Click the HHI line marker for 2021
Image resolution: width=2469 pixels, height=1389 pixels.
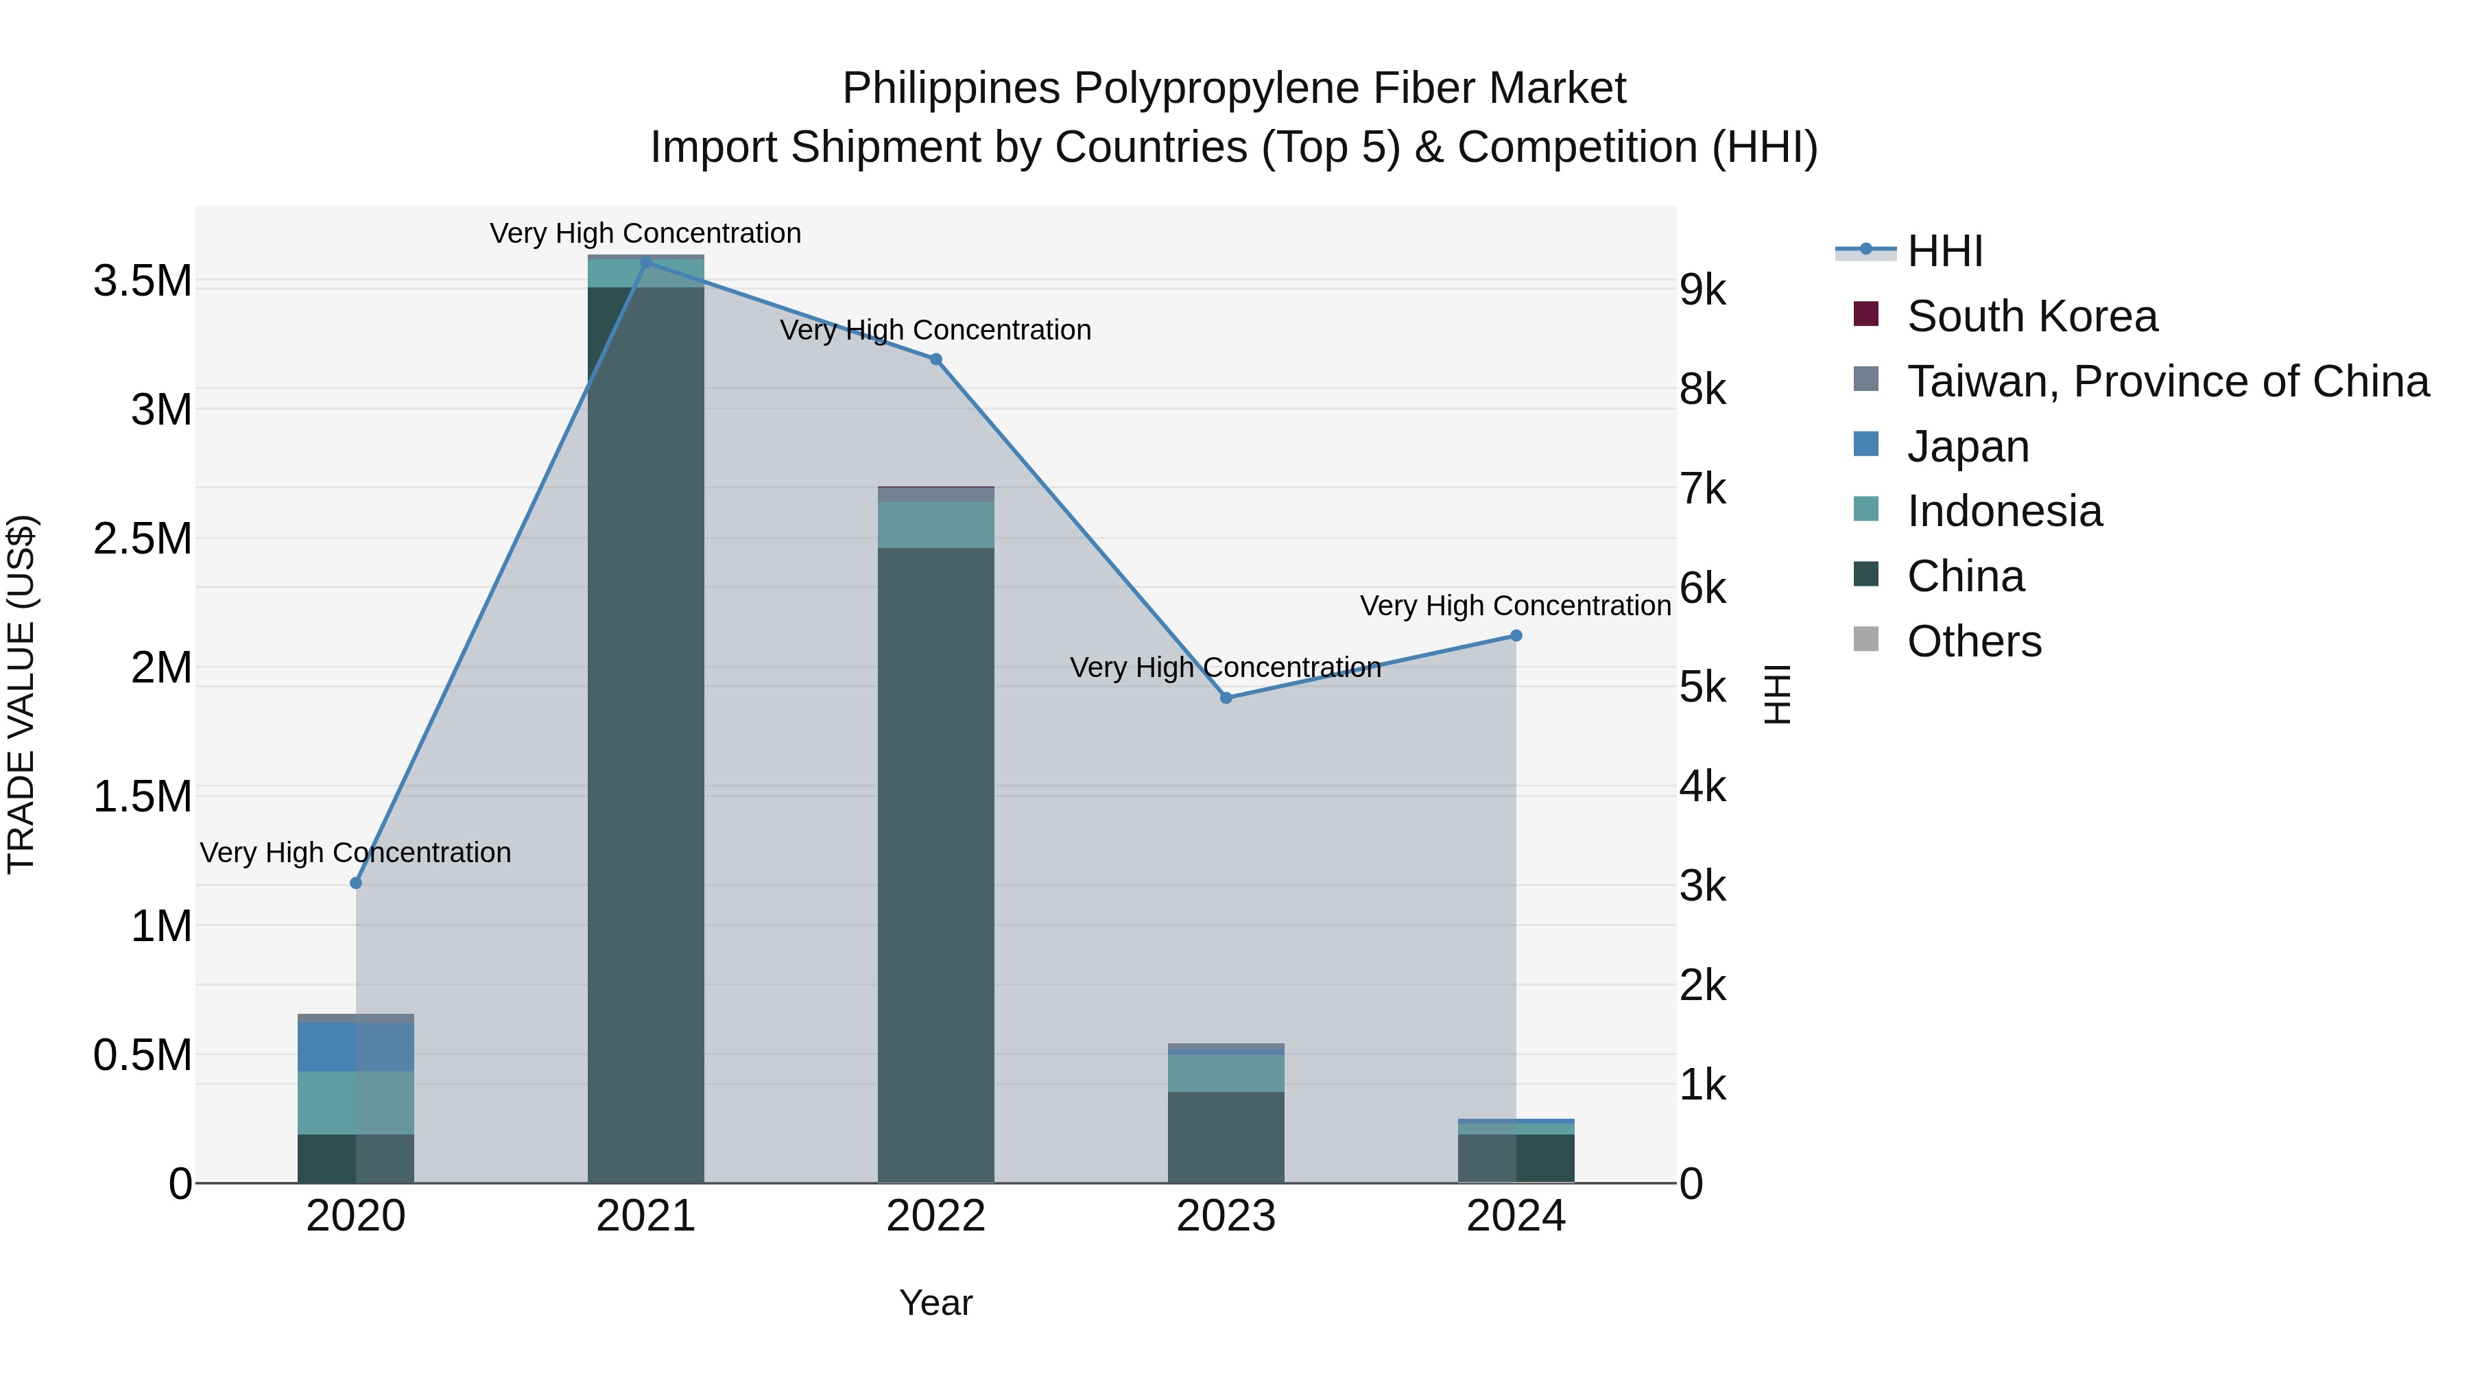click(x=646, y=263)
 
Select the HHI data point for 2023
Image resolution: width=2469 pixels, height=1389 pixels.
click(x=1226, y=698)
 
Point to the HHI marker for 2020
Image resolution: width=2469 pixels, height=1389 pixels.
click(x=355, y=883)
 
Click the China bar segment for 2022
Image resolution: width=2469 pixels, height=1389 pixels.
click(x=935, y=863)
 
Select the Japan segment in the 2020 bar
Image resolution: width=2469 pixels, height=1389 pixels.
click(x=355, y=1047)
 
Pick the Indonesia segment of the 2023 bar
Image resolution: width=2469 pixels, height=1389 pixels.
click(x=1226, y=1073)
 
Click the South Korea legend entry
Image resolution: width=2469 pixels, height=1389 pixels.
click(x=2032, y=316)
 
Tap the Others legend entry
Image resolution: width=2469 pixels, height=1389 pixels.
click(x=1975, y=641)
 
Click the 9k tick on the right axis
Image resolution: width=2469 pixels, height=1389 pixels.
click(x=1703, y=289)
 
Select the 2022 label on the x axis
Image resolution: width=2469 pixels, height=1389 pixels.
click(x=935, y=1216)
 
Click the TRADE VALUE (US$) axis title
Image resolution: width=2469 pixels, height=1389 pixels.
click(x=21, y=694)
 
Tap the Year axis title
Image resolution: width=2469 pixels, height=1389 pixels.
click(x=935, y=1303)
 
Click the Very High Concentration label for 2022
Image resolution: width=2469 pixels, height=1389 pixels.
click(x=935, y=330)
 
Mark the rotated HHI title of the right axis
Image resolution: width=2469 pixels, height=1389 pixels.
click(x=1778, y=694)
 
